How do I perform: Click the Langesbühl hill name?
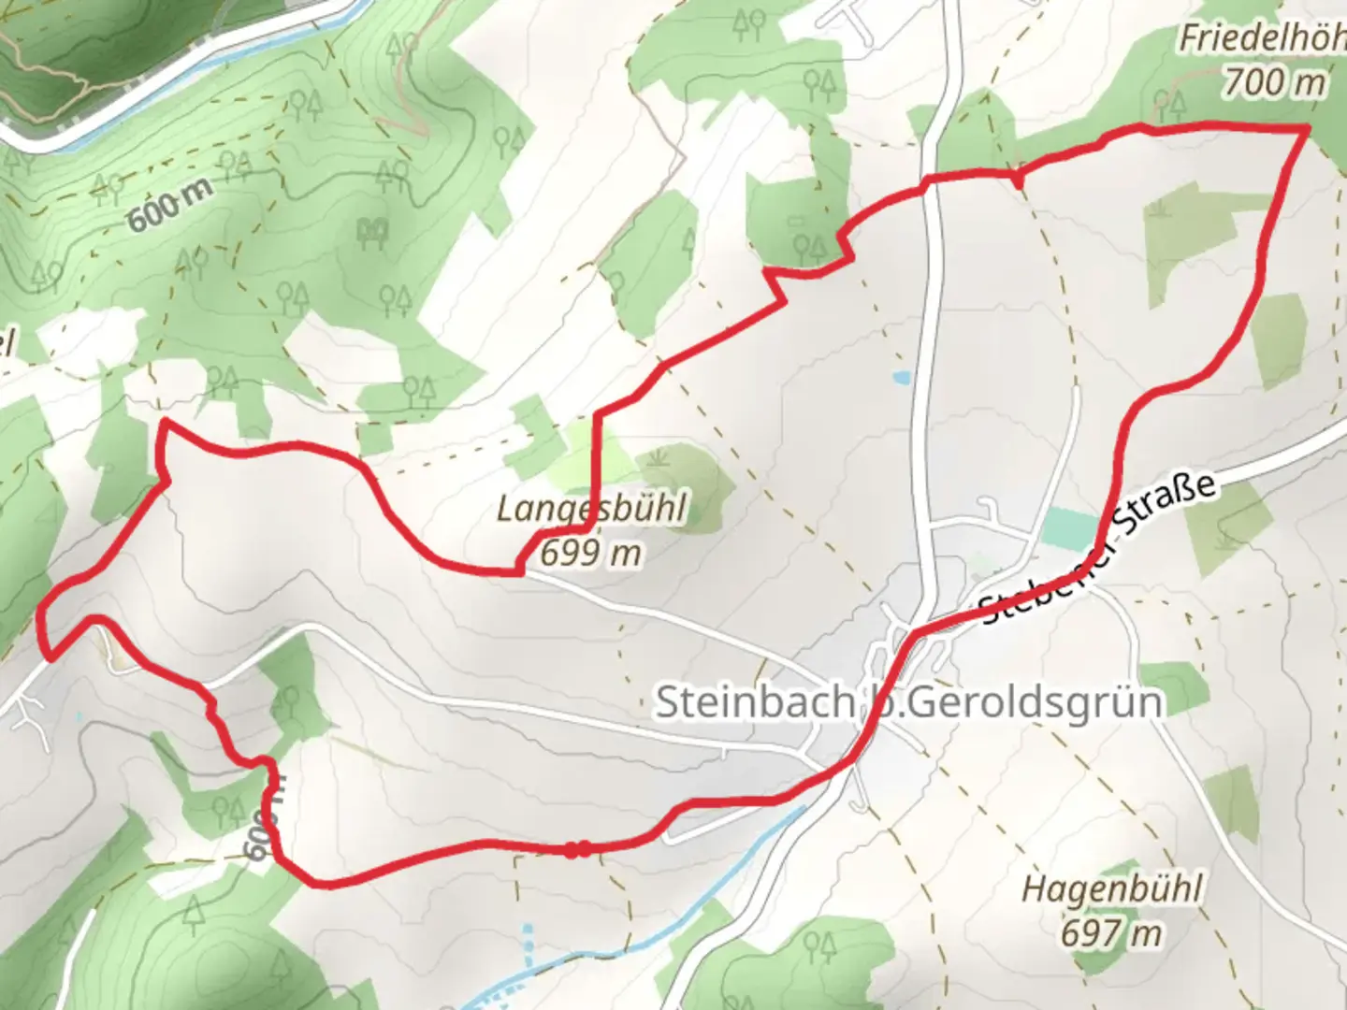point(591,511)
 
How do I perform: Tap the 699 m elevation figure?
point(591,553)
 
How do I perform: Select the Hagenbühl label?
point(1111,888)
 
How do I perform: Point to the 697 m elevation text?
point(1111,931)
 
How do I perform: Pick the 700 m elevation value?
point(1273,83)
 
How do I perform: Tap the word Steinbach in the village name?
point(754,701)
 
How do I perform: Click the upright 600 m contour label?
point(169,205)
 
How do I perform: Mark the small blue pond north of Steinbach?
point(901,379)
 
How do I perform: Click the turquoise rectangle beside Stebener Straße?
point(1070,529)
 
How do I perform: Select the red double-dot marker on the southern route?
point(576,849)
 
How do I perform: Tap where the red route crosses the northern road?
point(927,181)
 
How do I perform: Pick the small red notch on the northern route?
point(1018,176)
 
